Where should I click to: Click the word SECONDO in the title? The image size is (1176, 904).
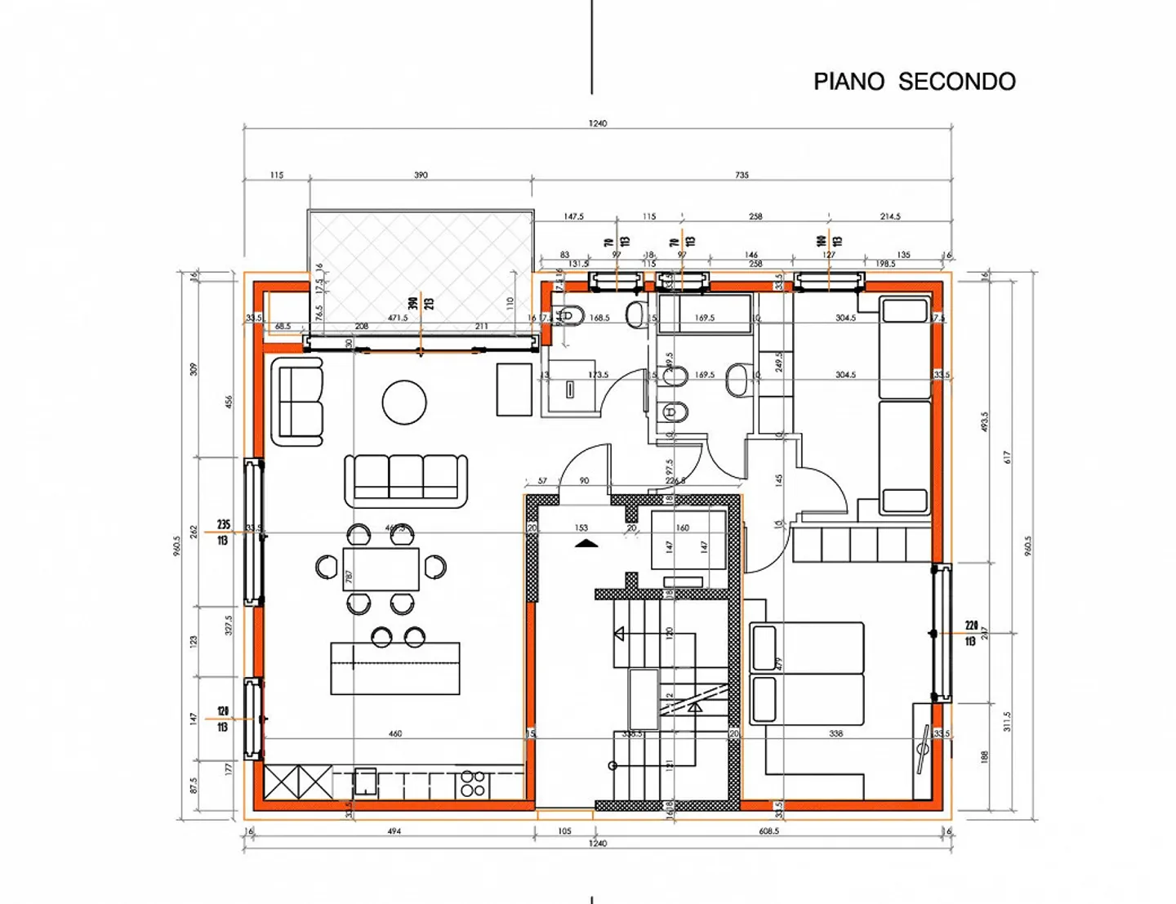(x=956, y=82)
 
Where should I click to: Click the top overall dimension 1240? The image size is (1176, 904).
(x=598, y=123)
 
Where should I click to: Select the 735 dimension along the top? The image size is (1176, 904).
(x=742, y=175)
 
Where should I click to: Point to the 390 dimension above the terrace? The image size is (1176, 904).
(x=421, y=175)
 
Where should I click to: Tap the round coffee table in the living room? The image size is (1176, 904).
(x=404, y=403)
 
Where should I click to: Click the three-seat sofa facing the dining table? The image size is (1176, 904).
(x=406, y=479)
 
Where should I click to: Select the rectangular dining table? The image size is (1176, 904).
(x=381, y=568)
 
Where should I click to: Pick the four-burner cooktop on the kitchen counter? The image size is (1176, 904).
(x=473, y=784)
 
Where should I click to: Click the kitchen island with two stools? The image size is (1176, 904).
(x=395, y=668)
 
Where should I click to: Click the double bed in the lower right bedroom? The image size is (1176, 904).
(x=807, y=674)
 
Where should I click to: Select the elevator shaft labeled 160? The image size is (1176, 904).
(x=688, y=540)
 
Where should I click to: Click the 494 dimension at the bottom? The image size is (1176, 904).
(x=394, y=831)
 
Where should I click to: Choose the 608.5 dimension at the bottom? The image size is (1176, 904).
(x=768, y=831)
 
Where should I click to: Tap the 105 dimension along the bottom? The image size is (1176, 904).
(x=564, y=831)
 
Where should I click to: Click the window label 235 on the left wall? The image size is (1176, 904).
(x=223, y=524)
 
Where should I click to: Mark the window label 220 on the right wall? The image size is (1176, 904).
(x=971, y=626)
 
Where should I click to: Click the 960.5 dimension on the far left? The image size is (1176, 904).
(x=176, y=546)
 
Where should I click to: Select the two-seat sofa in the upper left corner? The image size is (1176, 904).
(x=301, y=405)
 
